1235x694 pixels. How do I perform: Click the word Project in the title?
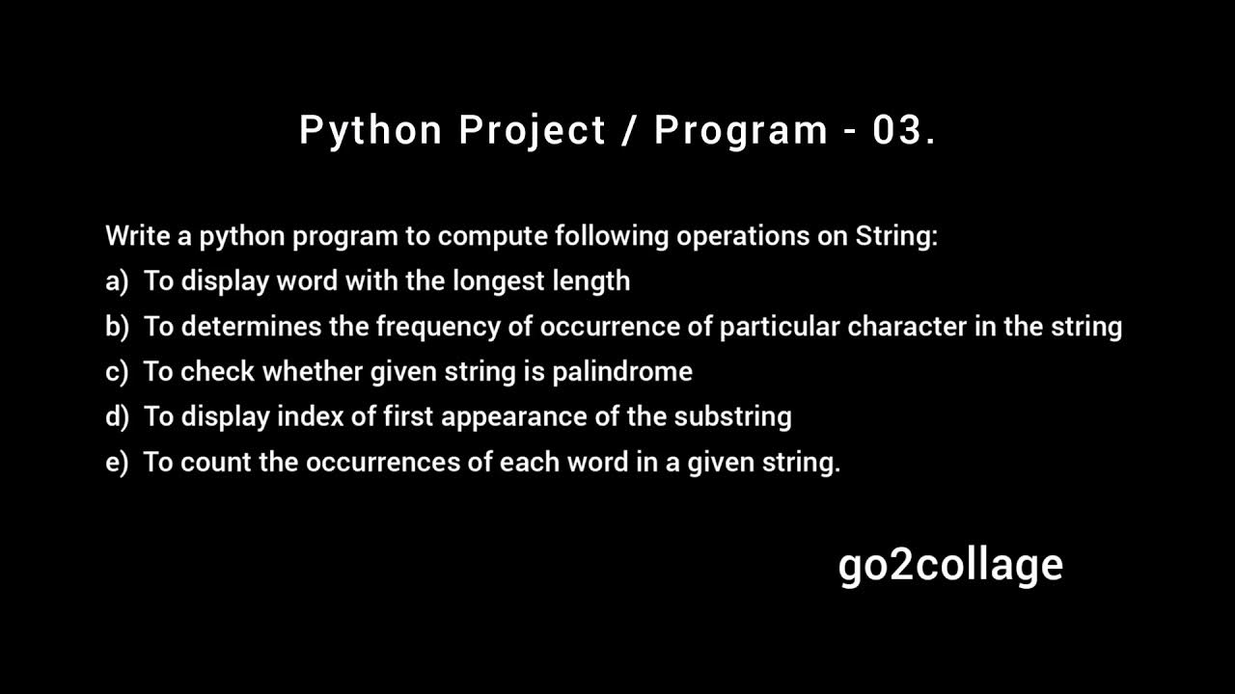pyautogui.click(x=532, y=130)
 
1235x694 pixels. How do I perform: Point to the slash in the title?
pyautogui.click(x=630, y=130)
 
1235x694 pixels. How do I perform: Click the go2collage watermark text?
pyautogui.click(x=950, y=565)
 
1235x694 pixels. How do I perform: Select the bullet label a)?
pyautogui.click(x=117, y=281)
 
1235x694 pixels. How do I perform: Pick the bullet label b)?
pyautogui.click(x=117, y=327)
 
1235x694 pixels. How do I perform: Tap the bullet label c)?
pyautogui.click(x=117, y=372)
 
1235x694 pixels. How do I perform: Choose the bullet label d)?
pyautogui.click(x=117, y=417)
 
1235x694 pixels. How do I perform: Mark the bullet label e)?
pyautogui.click(x=117, y=463)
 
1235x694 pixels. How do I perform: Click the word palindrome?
pyautogui.click(x=621, y=372)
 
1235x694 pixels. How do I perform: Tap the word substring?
pyautogui.click(x=732, y=417)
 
